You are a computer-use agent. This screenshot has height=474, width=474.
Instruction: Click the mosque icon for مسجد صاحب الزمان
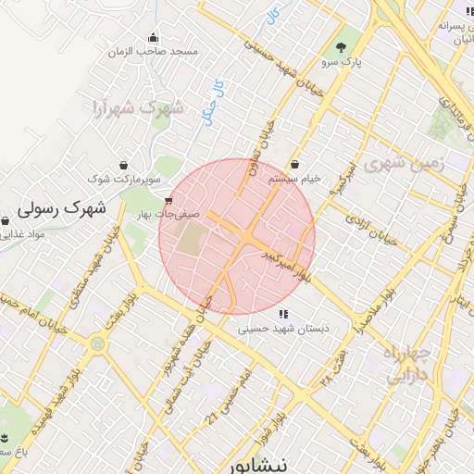click(x=152, y=38)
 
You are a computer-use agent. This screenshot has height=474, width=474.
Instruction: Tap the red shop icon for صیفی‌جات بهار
click(x=168, y=200)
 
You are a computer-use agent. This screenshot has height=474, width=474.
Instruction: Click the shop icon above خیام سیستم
click(x=295, y=164)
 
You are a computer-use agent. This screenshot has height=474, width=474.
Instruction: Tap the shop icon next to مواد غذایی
click(x=6, y=222)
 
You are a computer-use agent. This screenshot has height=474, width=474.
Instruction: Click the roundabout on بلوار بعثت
click(x=96, y=343)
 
